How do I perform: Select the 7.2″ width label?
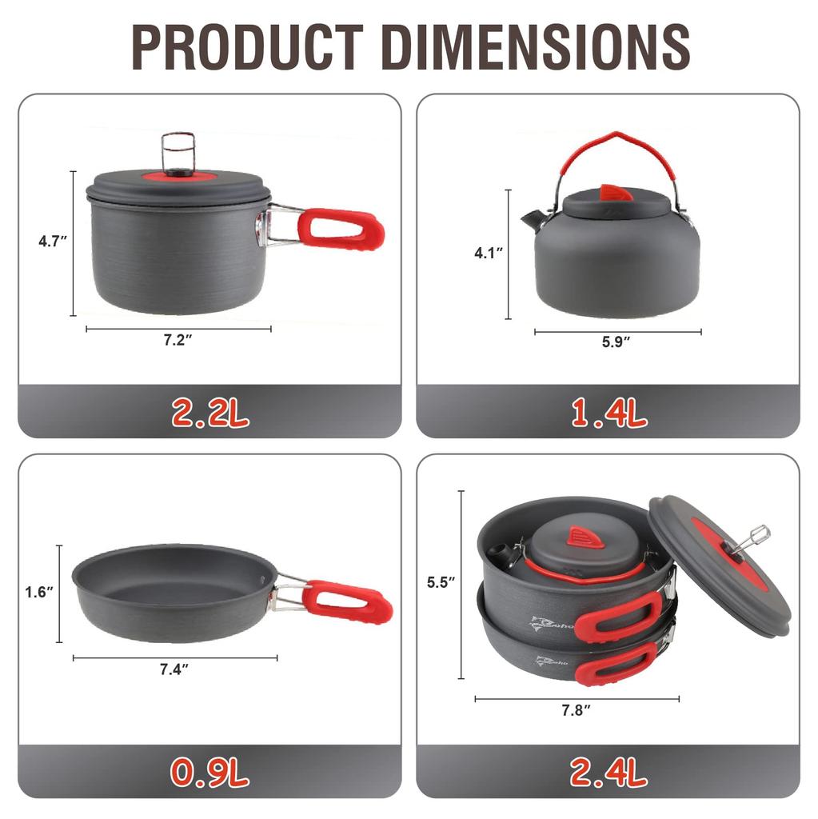178,340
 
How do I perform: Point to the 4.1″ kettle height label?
488,253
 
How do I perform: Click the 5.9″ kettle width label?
616,342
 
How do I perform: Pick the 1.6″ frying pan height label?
39,592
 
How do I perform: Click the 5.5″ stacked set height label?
441,582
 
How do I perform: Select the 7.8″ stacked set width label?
576,710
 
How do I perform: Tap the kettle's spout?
532,218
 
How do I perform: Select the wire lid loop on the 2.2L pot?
176,150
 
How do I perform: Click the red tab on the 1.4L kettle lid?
616,192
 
